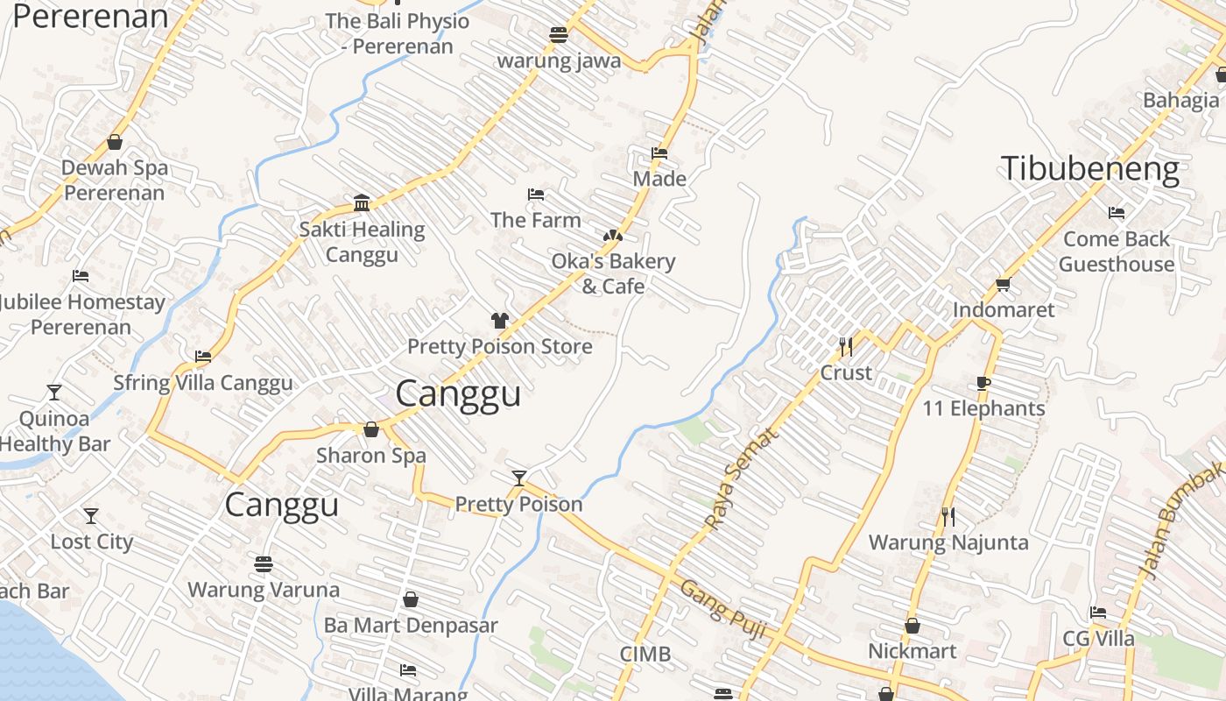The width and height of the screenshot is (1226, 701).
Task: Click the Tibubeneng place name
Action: point(1090,168)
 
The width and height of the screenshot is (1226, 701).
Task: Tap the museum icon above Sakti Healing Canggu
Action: point(362,203)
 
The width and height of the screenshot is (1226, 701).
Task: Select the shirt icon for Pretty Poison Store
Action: point(499,321)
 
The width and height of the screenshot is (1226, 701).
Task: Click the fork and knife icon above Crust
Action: point(845,346)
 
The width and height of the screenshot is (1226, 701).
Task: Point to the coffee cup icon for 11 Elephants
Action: point(983,383)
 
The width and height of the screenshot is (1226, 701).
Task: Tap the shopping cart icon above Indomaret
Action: point(1003,284)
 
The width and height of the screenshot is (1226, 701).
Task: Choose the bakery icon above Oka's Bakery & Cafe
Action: point(612,236)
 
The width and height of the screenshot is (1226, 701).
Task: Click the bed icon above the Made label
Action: point(659,153)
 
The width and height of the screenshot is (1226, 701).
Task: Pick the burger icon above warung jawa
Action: point(559,35)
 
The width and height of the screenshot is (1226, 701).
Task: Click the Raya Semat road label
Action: point(741,478)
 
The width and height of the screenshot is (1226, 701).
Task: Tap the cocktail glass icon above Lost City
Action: point(91,516)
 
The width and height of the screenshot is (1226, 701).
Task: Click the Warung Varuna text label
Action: point(264,590)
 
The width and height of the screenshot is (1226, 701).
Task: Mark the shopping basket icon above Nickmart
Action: point(912,626)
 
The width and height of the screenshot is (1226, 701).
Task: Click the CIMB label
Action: point(645,654)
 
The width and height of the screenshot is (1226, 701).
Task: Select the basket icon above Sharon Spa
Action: point(371,429)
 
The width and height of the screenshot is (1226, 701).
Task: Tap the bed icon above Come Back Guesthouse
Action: point(1116,213)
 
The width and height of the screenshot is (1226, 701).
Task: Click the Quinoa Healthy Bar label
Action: point(54,431)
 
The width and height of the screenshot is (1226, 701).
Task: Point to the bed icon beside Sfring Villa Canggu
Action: point(203,357)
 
